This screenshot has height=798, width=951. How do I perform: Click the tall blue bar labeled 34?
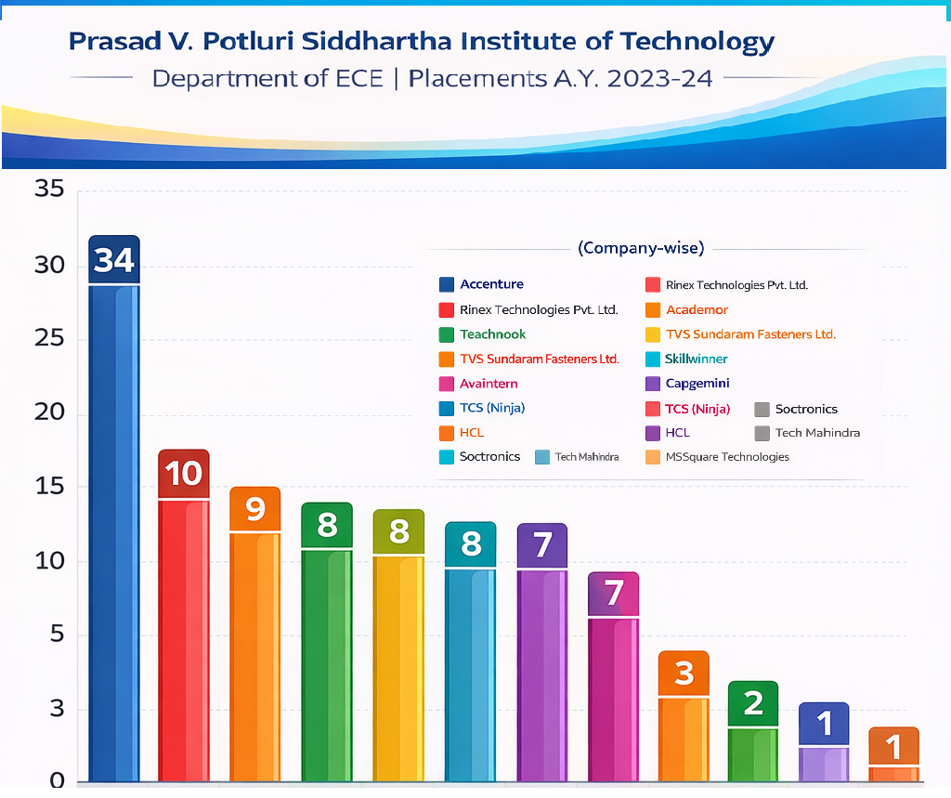point(113,530)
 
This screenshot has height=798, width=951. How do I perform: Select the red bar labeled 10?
point(184,641)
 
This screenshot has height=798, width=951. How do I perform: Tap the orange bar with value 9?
point(255,655)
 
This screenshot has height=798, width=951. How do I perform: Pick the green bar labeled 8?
point(327,664)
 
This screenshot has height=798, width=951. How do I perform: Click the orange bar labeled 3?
point(684,739)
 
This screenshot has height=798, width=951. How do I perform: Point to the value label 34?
point(114,260)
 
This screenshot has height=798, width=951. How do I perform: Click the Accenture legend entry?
point(491,284)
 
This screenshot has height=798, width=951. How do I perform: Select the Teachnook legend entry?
point(492,334)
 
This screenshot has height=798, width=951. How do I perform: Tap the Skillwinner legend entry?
point(696,359)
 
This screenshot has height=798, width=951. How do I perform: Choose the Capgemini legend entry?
point(697,384)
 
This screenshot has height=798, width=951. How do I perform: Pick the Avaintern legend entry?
point(489,384)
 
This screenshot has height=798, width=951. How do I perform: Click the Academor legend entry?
point(697,309)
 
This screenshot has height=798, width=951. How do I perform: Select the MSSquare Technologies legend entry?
point(727,457)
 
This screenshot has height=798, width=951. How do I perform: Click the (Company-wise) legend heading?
point(641,248)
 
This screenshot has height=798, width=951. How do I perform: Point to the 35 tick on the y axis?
point(49,190)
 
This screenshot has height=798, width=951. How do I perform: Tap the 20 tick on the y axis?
point(49,412)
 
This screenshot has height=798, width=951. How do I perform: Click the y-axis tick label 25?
point(49,338)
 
